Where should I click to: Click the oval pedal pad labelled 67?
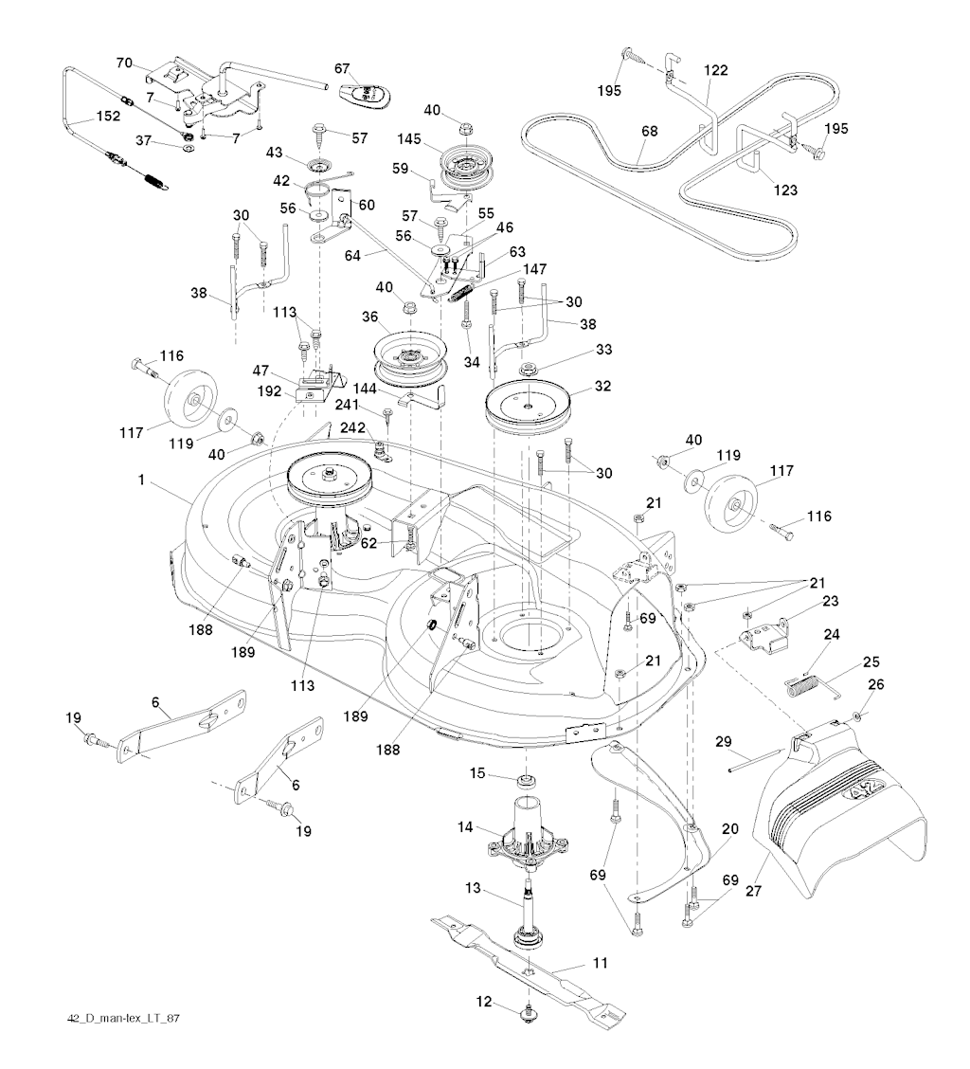(x=366, y=93)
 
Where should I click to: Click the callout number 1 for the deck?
(x=141, y=480)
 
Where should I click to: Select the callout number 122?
(x=715, y=70)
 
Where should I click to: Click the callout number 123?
(x=785, y=190)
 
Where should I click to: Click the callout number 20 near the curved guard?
(x=728, y=828)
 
